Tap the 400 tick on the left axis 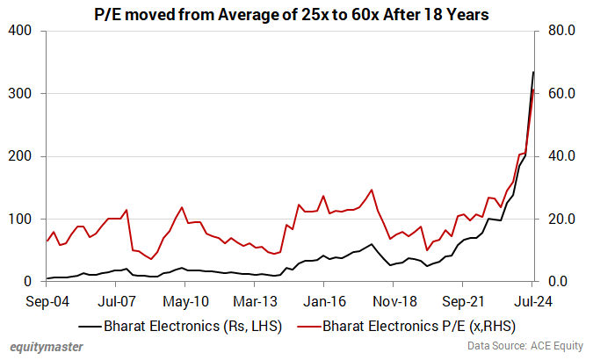(x=19, y=31)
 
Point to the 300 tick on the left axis (x=19, y=93)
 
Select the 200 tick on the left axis (x=19, y=156)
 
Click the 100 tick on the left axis (x=19, y=219)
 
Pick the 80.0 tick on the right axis (x=560, y=31)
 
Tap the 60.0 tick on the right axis (x=560, y=93)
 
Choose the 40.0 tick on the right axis (x=560, y=156)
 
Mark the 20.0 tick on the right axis (x=560, y=219)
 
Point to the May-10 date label (x=185, y=301)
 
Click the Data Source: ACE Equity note (x=516, y=348)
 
